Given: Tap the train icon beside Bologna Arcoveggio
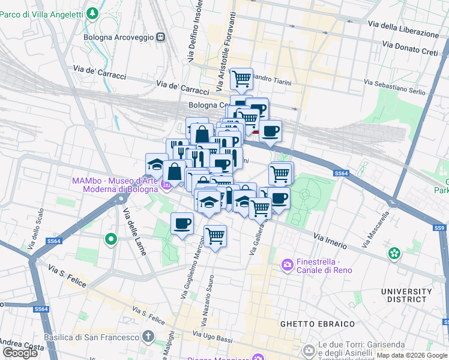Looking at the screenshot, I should point(160,37).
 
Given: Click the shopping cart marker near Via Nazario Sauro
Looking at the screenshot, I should point(215,235).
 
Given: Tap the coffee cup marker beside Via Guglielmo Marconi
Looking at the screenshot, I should point(182,224).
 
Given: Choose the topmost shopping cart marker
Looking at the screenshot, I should point(241,78).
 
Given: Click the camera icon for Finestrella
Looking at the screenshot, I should point(288,264).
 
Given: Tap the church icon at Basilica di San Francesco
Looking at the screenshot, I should point(149,337).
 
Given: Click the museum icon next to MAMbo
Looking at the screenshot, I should point(166,185).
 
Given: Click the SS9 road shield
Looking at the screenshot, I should point(440,228).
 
